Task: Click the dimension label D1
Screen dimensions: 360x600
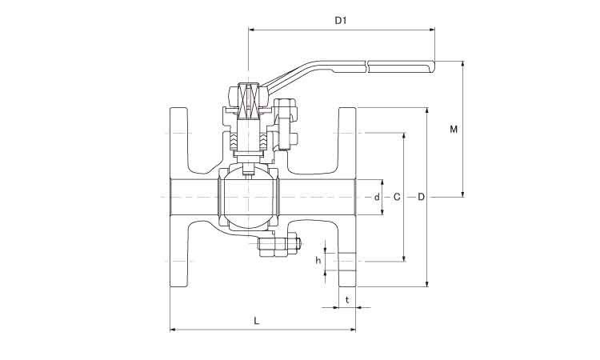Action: tap(340, 21)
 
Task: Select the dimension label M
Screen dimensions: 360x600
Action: tap(454, 128)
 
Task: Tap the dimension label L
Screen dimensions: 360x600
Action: tap(256, 320)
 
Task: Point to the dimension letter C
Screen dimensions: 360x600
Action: tap(397, 196)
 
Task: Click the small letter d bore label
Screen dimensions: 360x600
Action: tap(376, 196)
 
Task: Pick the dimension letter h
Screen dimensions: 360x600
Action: tap(318, 260)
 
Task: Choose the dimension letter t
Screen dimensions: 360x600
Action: tap(346, 299)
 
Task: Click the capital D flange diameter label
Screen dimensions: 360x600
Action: tap(421, 196)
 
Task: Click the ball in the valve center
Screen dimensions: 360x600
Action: tap(248, 197)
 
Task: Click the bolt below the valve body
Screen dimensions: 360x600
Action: tap(279, 246)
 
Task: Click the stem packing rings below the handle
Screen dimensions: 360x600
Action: tap(247, 142)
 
